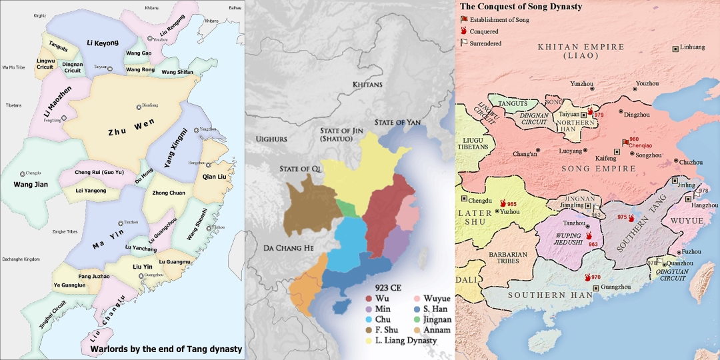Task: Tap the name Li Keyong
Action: (x=102, y=42)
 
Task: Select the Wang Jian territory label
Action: (x=27, y=184)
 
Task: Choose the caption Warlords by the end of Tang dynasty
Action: (x=165, y=349)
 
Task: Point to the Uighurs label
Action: (x=272, y=139)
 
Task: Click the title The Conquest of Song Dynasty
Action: (x=521, y=7)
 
